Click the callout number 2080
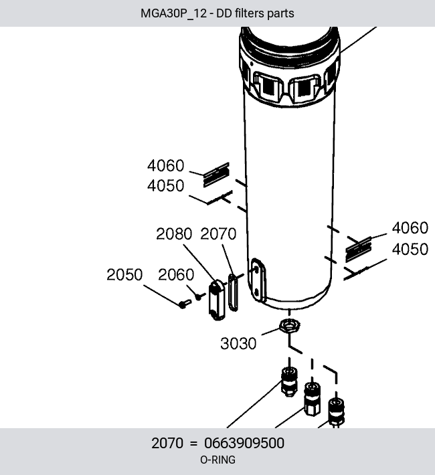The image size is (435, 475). pyautogui.click(x=174, y=234)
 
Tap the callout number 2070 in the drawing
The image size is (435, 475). pyautogui.click(x=218, y=234)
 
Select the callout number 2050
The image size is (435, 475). pyautogui.click(x=124, y=275)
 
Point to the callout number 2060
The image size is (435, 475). pyautogui.click(x=176, y=275)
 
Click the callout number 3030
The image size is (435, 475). pyautogui.click(x=238, y=343)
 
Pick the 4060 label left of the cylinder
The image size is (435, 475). pyautogui.click(x=166, y=166)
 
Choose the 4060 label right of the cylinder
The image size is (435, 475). pyautogui.click(x=410, y=228)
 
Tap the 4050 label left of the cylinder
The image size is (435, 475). pyautogui.click(x=166, y=186)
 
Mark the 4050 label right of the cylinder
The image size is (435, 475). pyautogui.click(x=410, y=250)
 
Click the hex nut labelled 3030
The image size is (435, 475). pyautogui.click(x=290, y=326)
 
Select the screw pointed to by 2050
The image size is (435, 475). pyautogui.click(x=185, y=304)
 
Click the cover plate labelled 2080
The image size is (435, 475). pyautogui.click(x=217, y=300)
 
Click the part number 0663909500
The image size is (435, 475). pyautogui.click(x=244, y=443)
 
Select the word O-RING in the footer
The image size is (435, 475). pyautogui.click(x=217, y=460)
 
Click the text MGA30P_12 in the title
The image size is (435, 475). pyautogui.click(x=174, y=13)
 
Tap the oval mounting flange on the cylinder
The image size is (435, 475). pyautogui.click(x=258, y=280)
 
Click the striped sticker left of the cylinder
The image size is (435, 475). pyautogui.click(x=216, y=175)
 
